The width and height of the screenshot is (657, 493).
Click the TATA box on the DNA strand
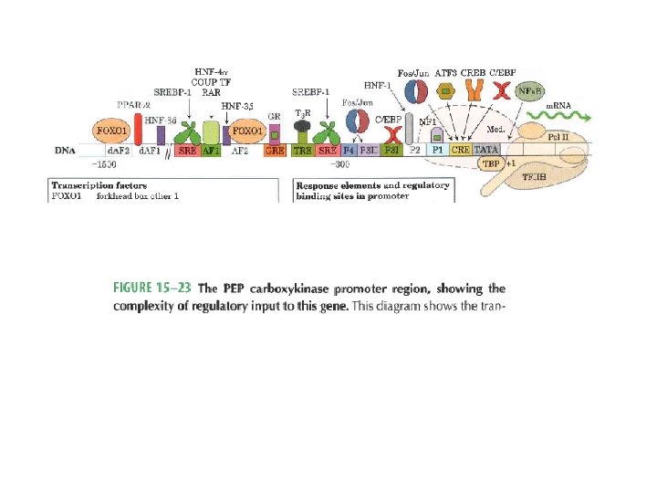488,150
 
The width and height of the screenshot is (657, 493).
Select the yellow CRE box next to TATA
462,150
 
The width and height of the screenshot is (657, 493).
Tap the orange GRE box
275,150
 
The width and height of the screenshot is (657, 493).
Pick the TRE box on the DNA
302,150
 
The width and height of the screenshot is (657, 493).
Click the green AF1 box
210,150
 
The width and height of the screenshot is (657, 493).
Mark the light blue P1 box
438,150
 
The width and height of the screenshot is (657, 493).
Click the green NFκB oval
529,91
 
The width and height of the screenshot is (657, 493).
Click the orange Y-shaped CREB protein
474,90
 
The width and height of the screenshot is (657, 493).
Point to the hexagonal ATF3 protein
446,91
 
